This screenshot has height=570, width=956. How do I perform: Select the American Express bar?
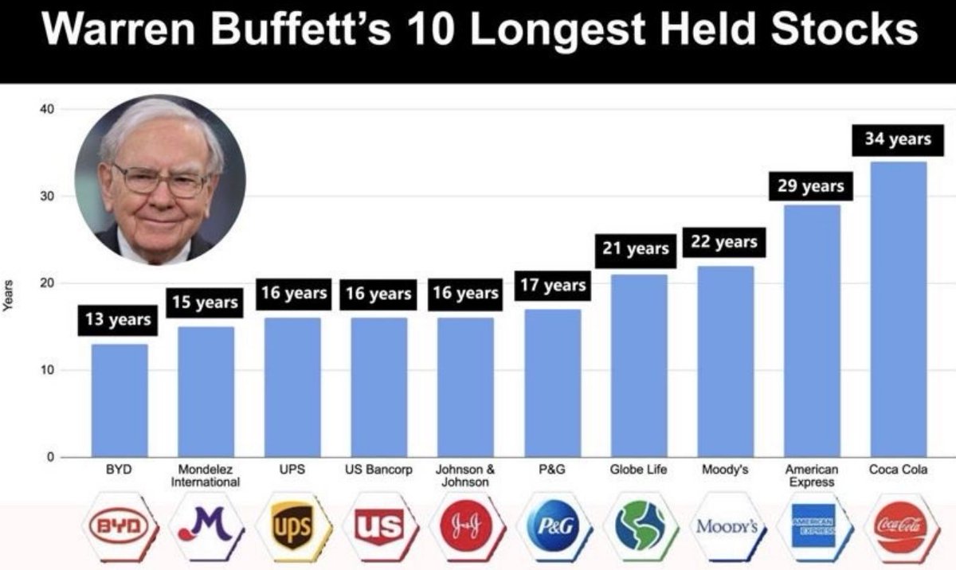tap(812, 330)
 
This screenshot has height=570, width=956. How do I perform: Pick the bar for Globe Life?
tap(639, 365)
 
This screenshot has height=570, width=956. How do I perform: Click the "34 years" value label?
tap(898, 139)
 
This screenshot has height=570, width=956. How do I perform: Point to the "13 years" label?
tap(119, 320)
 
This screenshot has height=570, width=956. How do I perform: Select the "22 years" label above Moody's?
tap(724, 242)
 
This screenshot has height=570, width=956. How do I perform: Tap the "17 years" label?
tap(553, 285)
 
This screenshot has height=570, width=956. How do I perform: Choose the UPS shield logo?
tap(292, 526)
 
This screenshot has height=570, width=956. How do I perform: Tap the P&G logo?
tap(552, 526)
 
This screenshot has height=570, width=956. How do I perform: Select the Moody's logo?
tap(725, 526)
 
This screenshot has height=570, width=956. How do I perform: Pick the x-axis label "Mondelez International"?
tap(205, 476)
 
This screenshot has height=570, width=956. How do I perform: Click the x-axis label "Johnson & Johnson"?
tap(464, 476)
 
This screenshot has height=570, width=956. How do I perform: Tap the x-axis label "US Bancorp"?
tap(378, 470)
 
